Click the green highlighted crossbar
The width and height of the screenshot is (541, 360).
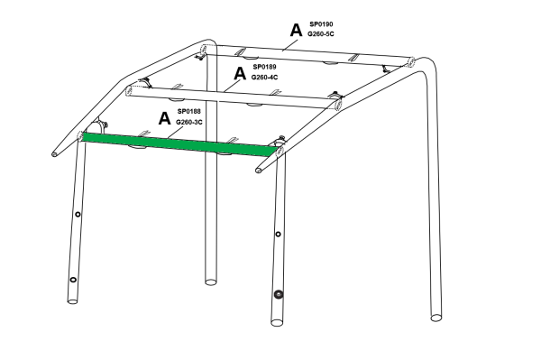[179, 144]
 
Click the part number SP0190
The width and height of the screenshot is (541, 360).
[321, 24]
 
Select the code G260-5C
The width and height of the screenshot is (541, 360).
[321, 34]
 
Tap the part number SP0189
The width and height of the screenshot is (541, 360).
[264, 67]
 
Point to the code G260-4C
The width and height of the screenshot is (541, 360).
[264, 78]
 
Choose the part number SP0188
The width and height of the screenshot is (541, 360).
[189, 112]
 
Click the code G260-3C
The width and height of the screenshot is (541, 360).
[189, 122]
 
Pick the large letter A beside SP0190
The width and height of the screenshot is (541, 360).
[296, 30]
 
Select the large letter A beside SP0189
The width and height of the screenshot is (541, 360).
[240, 73]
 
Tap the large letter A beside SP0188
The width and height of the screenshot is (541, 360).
[165, 118]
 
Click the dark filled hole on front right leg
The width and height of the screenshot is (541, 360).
[279, 294]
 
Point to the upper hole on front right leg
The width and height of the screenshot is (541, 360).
[278, 234]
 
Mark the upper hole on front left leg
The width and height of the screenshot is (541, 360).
[78, 215]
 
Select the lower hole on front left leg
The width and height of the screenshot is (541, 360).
[73, 280]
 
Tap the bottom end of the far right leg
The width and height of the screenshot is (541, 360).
[436, 317]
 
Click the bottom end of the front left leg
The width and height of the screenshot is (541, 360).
[72, 301]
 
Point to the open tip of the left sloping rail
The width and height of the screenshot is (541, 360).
[55, 154]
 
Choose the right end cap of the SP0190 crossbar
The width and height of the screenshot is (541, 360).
[410, 62]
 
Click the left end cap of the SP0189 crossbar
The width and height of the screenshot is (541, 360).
[129, 91]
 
